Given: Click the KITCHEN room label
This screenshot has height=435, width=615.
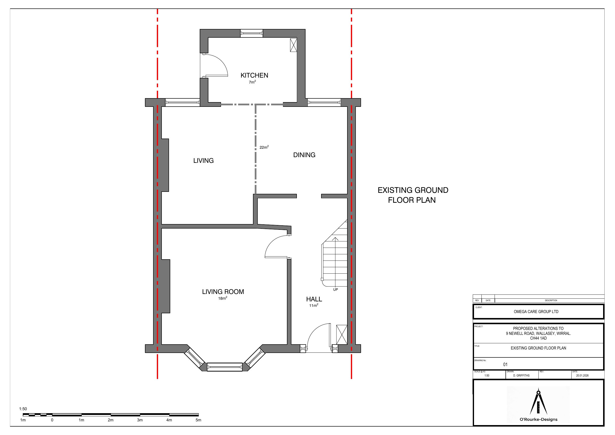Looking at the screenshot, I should coord(254,75).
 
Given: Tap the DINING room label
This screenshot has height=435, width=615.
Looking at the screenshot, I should coord(304,155).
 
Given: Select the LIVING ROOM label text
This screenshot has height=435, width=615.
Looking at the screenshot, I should coord(223,291).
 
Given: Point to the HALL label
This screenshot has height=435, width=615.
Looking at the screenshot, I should coord(314,299).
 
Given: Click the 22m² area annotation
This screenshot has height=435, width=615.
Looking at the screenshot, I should coord(264,147).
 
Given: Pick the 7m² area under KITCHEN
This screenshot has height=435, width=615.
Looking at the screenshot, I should coord(252,82).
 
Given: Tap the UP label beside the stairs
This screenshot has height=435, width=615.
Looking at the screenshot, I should coord(335,290).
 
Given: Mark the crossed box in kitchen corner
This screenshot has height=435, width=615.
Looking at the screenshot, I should coord(293,45).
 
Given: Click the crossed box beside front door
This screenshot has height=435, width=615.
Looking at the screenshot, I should coord(341,335).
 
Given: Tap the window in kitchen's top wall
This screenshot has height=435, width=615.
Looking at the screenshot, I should coord(251,33).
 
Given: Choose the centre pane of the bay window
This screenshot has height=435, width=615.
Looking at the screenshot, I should coord(224,367).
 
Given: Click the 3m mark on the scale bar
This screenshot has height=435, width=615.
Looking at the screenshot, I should coord(140,420).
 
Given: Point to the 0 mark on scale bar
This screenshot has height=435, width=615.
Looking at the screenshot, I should coord(52,420).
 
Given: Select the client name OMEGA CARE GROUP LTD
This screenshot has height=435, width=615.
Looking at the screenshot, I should coord(536,312).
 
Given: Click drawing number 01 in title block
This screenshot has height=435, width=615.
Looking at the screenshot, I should coord(505,365).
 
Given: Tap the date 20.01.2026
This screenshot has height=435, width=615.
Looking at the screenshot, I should coord(582,376).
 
